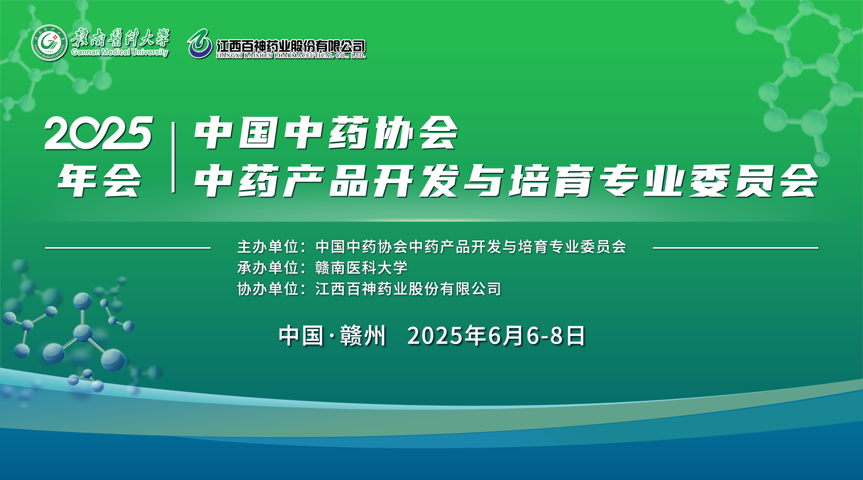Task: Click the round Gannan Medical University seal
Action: coord(49,43)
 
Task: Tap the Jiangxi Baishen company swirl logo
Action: coord(200,44)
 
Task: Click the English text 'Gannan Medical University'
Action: coord(120,52)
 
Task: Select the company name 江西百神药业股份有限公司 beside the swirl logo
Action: coord(291,46)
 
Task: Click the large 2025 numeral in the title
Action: coord(99,133)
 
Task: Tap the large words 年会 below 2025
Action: coord(99,180)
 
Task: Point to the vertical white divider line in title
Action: coord(173,157)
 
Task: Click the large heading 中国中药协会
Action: coord(327,133)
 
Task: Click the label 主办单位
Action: coord(268,247)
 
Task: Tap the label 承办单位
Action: coord(268,268)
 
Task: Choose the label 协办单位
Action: coord(268,289)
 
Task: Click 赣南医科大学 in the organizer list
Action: coord(362,268)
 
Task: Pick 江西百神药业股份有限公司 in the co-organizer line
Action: coord(408,289)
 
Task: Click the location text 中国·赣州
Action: coord(332,336)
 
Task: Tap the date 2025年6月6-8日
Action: coord(497,336)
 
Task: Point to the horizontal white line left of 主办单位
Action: coord(128,248)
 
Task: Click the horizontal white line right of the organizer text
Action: coord(735,248)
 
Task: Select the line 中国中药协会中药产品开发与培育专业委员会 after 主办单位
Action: coord(471,247)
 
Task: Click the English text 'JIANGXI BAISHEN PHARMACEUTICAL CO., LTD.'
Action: coord(291,56)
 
